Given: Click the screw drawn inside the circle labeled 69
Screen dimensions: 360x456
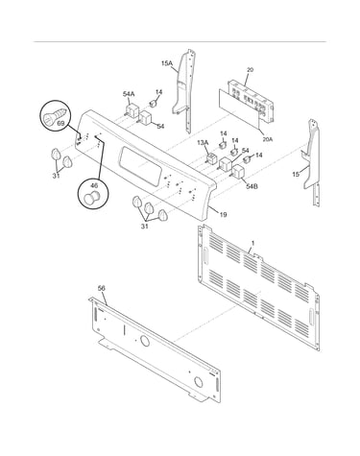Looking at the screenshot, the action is coord(56,115).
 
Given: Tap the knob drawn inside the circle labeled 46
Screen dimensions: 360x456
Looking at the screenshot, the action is coord(90,197).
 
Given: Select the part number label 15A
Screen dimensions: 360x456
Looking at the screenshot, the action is coord(166,63).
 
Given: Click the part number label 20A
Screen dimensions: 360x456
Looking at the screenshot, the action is coord(268,139).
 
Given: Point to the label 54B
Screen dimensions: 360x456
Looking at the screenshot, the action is coord(252,186).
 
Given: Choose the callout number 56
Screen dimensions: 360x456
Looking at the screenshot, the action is coord(101,288).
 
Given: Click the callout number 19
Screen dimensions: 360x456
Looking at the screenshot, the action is coord(223,214).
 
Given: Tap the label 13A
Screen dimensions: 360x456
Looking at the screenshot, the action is coord(203,142).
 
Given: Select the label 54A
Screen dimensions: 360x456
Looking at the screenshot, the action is coord(129,94).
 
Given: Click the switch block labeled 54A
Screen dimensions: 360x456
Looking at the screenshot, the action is coord(132,109).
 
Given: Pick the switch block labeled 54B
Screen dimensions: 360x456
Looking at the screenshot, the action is coord(238,172).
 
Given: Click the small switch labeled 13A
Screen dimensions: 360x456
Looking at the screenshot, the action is coord(211,158).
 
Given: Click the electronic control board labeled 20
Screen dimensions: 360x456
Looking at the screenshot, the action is coord(251,101).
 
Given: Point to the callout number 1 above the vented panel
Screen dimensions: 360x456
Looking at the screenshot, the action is coord(252,244).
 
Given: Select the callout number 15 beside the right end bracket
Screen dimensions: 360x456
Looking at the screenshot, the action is coord(296,174).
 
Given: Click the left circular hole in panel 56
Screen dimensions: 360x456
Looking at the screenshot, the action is coord(145,342).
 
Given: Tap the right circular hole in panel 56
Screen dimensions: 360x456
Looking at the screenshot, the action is coord(199,382).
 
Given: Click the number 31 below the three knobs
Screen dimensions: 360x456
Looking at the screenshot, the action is coord(145,227).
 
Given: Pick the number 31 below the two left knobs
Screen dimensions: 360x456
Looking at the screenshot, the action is coord(57,176).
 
